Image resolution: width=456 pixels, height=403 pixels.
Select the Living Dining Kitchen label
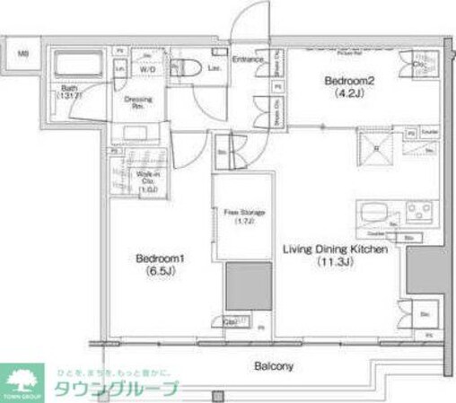(336, 250)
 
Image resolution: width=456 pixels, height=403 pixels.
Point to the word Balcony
(273, 367)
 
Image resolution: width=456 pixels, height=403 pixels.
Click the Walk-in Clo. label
(146, 180)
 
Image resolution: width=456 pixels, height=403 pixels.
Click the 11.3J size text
(331, 262)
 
